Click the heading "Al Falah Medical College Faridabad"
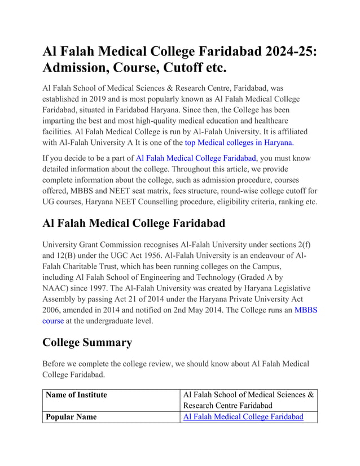tap(134, 223)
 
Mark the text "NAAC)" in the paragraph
tap(56, 288)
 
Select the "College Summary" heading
tap(87, 342)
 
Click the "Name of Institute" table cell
tap(76, 394)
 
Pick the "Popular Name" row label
tap(71, 416)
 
